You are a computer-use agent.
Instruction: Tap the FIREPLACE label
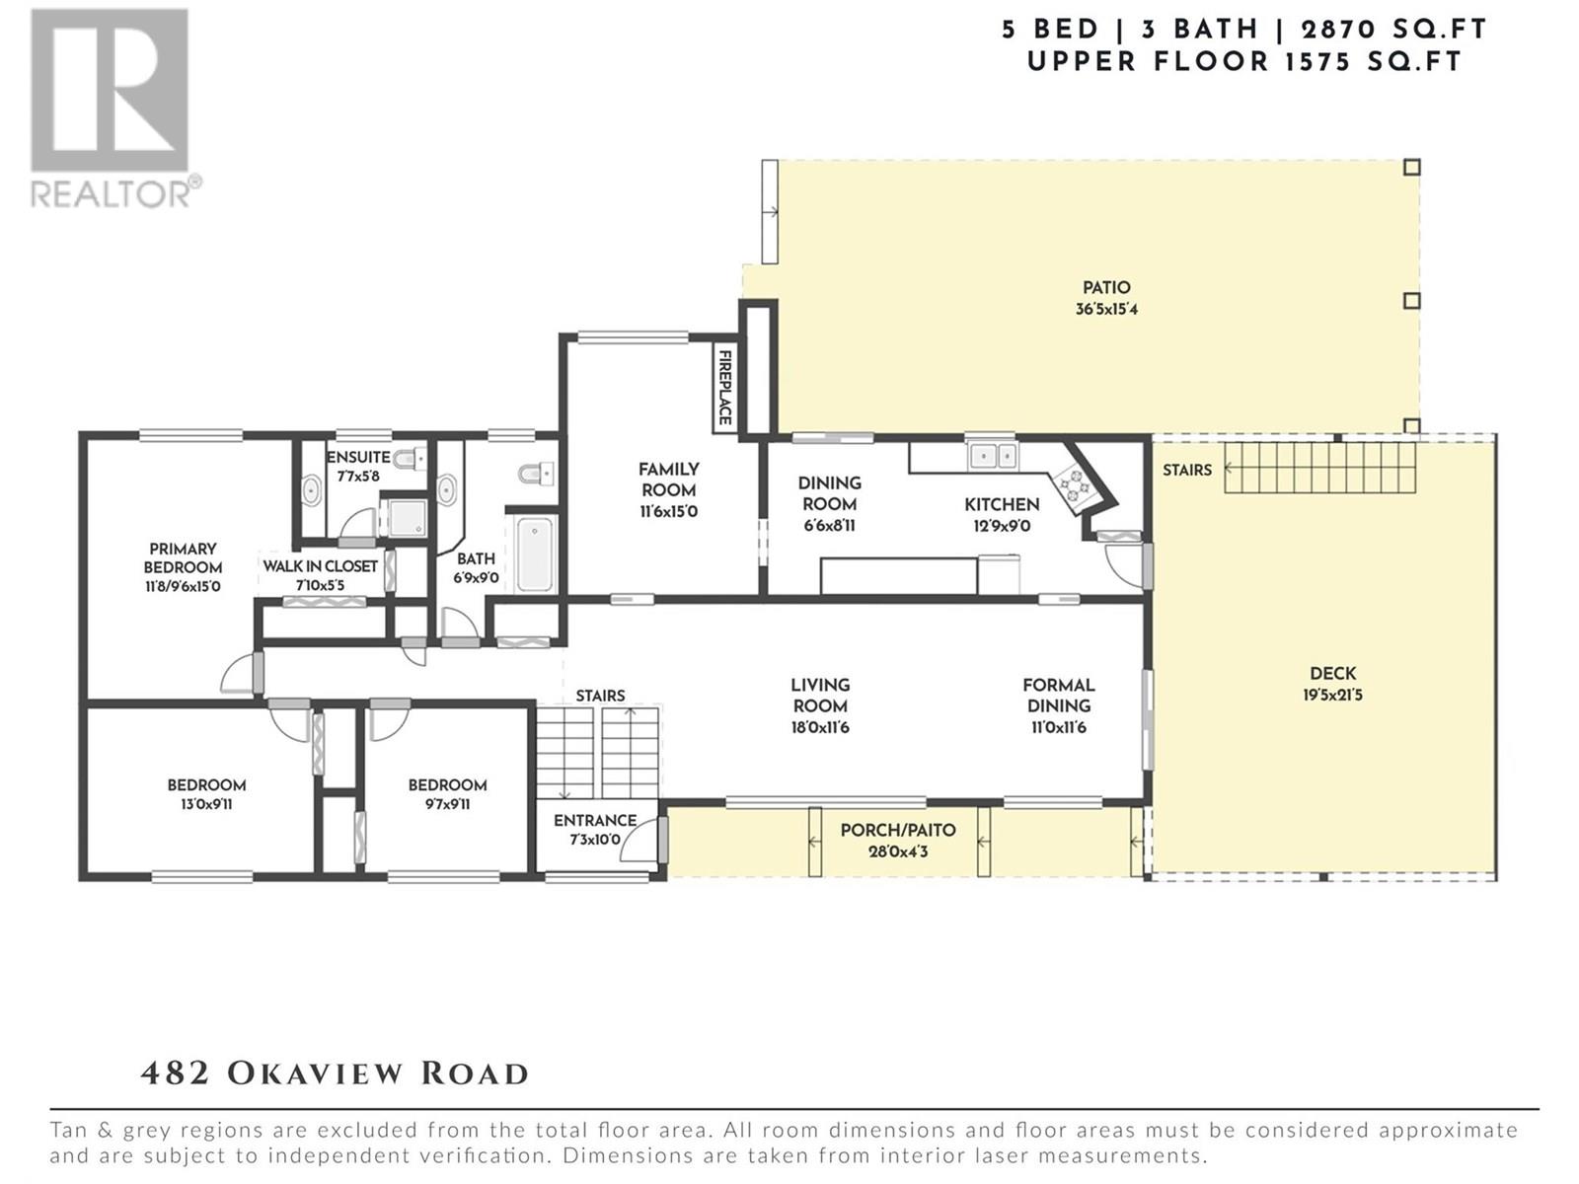click(x=724, y=388)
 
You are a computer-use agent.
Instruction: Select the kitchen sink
click(x=992, y=456)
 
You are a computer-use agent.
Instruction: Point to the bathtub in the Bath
click(x=535, y=554)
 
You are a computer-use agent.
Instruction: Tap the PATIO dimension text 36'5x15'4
click(x=1106, y=310)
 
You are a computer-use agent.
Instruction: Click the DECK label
click(x=1333, y=674)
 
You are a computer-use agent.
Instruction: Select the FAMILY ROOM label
click(x=669, y=480)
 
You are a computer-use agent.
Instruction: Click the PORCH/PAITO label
click(x=898, y=831)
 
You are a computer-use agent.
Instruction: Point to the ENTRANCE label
click(x=595, y=820)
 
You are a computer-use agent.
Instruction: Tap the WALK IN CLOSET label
click(x=320, y=566)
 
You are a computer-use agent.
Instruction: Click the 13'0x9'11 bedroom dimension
click(x=206, y=804)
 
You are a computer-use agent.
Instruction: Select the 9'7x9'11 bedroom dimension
click(x=447, y=804)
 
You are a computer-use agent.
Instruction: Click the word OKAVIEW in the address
click(x=316, y=1074)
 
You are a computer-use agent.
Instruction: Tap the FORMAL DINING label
click(x=1059, y=696)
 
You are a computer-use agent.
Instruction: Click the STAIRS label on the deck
click(x=1187, y=471)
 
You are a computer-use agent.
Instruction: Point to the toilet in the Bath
click(x=534, y=474)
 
